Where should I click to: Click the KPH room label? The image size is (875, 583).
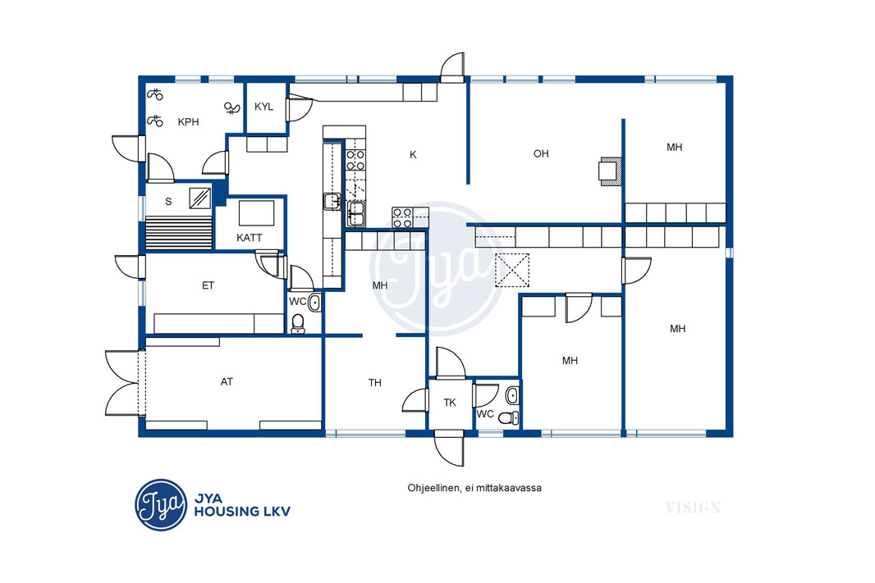(188, 122)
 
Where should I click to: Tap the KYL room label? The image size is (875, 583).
(264, 107)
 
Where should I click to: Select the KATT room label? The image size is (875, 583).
(249, 238)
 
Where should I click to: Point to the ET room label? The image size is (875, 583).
(208, 285)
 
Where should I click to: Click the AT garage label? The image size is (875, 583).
(227, 382)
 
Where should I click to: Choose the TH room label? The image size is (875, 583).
(375, 383)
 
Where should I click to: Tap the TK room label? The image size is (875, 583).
(450, 403)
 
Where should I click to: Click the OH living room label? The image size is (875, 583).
(541, 153)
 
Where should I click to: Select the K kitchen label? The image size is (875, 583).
(413, 154)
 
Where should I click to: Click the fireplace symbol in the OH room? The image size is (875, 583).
(610, 171)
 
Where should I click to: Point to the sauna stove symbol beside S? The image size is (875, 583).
(199, 198)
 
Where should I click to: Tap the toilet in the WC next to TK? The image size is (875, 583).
(508, 417)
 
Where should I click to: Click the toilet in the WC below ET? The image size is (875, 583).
(298, 323)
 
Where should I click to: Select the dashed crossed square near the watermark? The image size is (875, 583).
(512, 271)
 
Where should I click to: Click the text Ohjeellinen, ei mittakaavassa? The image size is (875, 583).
(474, 488)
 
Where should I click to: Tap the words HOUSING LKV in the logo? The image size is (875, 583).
(242, 511)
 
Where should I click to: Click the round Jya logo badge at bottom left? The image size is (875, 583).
(161, 505)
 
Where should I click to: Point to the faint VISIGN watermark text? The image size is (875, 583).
(693, 508)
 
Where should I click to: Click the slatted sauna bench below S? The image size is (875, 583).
(179, 233)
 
